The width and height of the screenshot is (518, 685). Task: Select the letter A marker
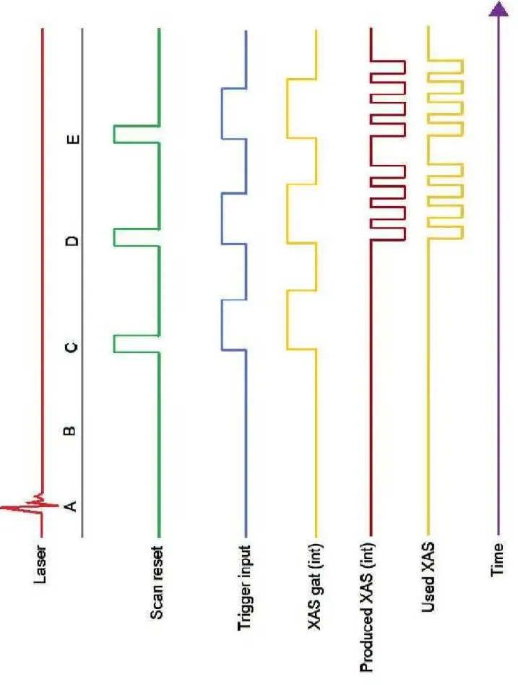point(71,506)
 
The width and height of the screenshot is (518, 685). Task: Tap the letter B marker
point(70,430)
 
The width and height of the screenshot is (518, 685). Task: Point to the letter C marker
point(71,347)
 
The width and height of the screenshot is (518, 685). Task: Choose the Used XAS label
point(428,576)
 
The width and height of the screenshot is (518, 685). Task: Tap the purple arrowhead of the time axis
point(498,9)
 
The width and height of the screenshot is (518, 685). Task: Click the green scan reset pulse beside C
point(137,344)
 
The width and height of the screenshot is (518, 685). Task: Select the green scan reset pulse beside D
point(137,237)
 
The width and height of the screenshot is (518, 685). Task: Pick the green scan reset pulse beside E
point(137,135)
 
